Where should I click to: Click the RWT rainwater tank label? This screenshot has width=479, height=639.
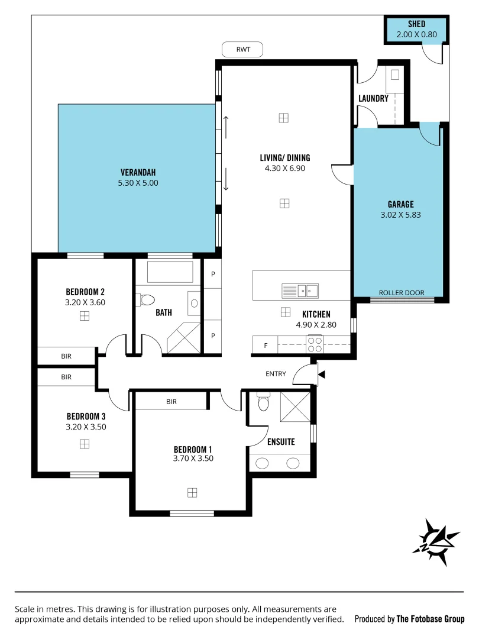point(242,50)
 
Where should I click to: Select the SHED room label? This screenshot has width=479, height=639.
point(416,24)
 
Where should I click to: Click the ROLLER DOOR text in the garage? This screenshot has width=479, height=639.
point(402,292)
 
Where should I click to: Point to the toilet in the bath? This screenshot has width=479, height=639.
point(145,300)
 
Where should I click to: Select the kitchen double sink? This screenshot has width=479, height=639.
point(300,291)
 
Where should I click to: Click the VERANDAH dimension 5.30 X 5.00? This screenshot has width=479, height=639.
point(138,183)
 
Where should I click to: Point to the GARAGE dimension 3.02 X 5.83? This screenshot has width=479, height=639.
point(401,215)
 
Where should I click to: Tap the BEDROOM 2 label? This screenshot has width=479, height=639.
point(85,292)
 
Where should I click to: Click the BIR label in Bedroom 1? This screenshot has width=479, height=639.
point(171,402)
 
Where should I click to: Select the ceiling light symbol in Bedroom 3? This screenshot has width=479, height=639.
point(85,443)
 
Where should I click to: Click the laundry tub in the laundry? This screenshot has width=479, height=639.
point(394,75)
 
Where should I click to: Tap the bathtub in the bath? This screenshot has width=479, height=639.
point(170,272)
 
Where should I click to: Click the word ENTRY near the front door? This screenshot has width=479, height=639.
point(276,374)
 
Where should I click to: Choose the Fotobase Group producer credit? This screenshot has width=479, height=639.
point(409,619)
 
